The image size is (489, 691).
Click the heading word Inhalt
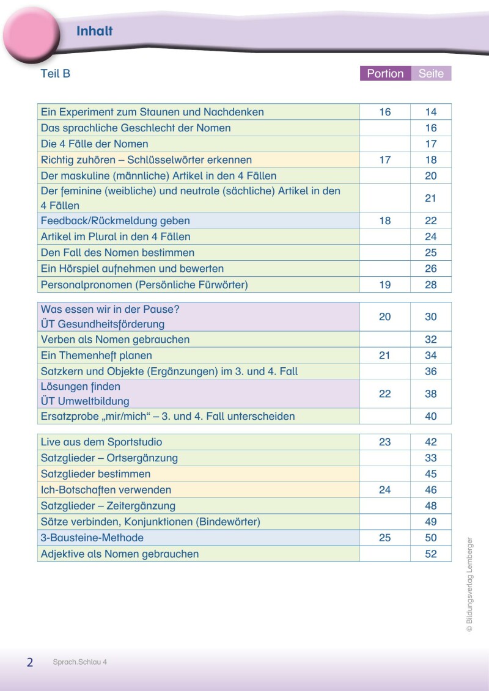[94, 32]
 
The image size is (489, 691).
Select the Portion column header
[385, 74]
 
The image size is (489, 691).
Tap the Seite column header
[431, 74]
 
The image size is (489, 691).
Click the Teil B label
[55, 74]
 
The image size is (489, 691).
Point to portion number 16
[384, 112]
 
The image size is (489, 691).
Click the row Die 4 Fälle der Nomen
[94, 144]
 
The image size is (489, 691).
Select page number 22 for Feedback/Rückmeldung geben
[431, 221]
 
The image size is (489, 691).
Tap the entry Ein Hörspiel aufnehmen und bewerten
[132, 269]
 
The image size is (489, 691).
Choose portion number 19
[384, 285]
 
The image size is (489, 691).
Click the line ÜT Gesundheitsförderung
[103, 324]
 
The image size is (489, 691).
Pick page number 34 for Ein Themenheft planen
[431, 356]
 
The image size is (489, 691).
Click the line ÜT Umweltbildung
[85, 401]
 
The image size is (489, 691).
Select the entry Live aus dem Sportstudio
[101, 442]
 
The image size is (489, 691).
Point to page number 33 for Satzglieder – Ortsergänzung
[431, 458]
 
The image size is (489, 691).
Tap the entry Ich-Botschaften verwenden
[106, 490]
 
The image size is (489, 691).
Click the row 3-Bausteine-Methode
[92, 538]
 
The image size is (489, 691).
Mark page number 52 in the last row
[431, 554]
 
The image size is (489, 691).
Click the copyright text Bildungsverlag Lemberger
[469, 584]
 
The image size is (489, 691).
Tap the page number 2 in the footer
[29, 662]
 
